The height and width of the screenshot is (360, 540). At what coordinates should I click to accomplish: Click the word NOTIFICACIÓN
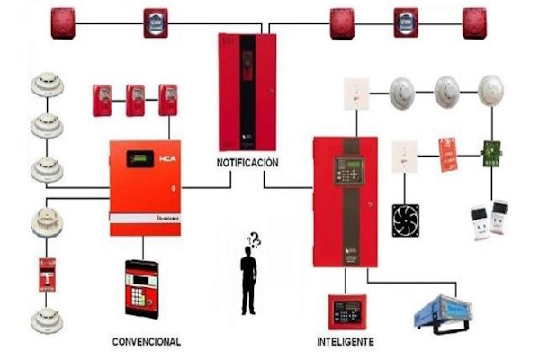tap(247, 163)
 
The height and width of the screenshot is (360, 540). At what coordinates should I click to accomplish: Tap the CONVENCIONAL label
tap(147, 342)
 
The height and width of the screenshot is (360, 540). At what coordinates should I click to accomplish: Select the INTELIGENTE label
tap(346, 342)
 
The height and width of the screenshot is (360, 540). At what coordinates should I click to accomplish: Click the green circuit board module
tap(491, 152)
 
